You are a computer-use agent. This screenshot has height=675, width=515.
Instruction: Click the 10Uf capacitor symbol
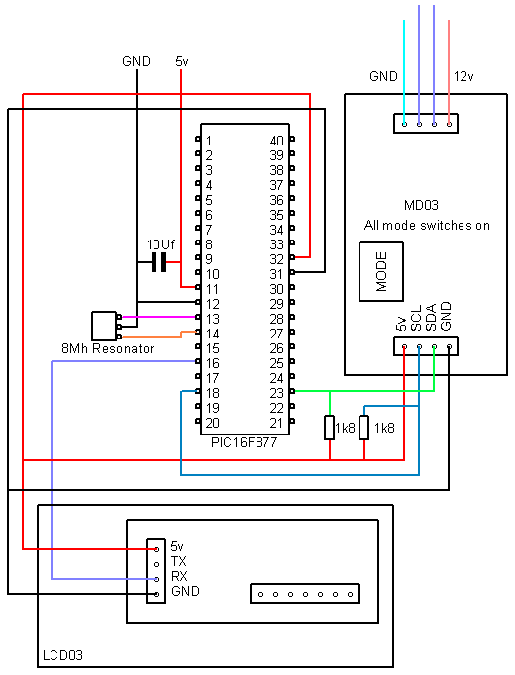click(158, 262)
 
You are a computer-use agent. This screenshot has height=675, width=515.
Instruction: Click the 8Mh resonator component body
click(104, 326)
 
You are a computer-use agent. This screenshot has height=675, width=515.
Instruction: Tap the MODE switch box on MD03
click(381, 271)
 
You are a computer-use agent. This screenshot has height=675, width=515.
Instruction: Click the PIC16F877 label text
click(245, 442)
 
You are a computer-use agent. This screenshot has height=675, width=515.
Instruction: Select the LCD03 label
click(62, 655)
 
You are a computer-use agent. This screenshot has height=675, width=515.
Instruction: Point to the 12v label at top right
click(463, 76)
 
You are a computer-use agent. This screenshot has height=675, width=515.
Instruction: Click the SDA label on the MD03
click(431, 317)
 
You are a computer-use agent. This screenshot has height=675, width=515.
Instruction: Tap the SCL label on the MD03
click(416, 318)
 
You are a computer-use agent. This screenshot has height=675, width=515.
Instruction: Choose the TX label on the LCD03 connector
click(178, 561)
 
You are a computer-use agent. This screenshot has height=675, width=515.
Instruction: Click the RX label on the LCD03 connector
click(179, 576)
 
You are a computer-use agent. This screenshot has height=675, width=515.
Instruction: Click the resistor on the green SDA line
click(330, 428)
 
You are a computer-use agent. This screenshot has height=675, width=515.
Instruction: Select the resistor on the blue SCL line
click(364, 428)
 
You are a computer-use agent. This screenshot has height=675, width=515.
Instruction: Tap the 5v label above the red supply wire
click(181, 61)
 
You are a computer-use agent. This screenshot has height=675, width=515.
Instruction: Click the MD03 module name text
click(421, 205)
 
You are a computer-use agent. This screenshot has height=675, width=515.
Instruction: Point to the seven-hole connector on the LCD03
click(304, 594)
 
